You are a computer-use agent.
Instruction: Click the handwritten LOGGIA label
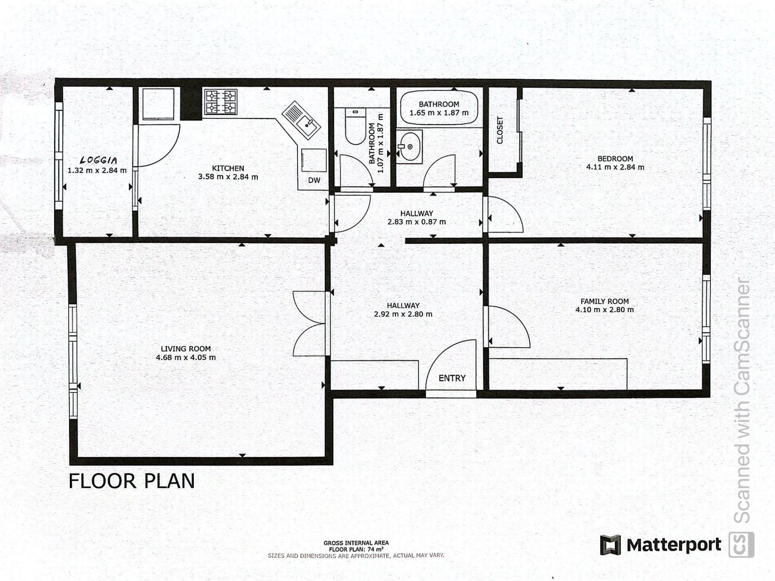(99, 161)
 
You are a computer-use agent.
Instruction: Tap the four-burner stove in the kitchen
(220, 102)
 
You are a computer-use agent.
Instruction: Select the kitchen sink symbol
(301, 120)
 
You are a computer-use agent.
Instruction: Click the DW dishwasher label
(314, 180)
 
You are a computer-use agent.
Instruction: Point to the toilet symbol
(356, 126)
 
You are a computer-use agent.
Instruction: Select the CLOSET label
(500, 130)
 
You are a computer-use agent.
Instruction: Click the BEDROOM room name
(615, 159)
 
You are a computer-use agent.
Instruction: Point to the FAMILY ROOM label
(605, 301)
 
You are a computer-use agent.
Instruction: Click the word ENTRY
(452, 378)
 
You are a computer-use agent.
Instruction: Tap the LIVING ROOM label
(186, 349)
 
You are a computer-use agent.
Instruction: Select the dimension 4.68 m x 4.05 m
(186, 357)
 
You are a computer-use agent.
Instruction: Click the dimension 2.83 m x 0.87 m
(417, 222)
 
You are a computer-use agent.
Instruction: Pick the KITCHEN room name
(228, 168)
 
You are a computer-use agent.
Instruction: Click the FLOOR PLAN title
(132, 481)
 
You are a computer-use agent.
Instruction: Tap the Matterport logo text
(674, 545)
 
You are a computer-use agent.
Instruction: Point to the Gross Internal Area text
(356, 543)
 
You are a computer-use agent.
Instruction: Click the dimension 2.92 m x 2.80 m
(403, 314)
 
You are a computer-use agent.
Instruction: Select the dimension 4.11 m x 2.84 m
(615, 167)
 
